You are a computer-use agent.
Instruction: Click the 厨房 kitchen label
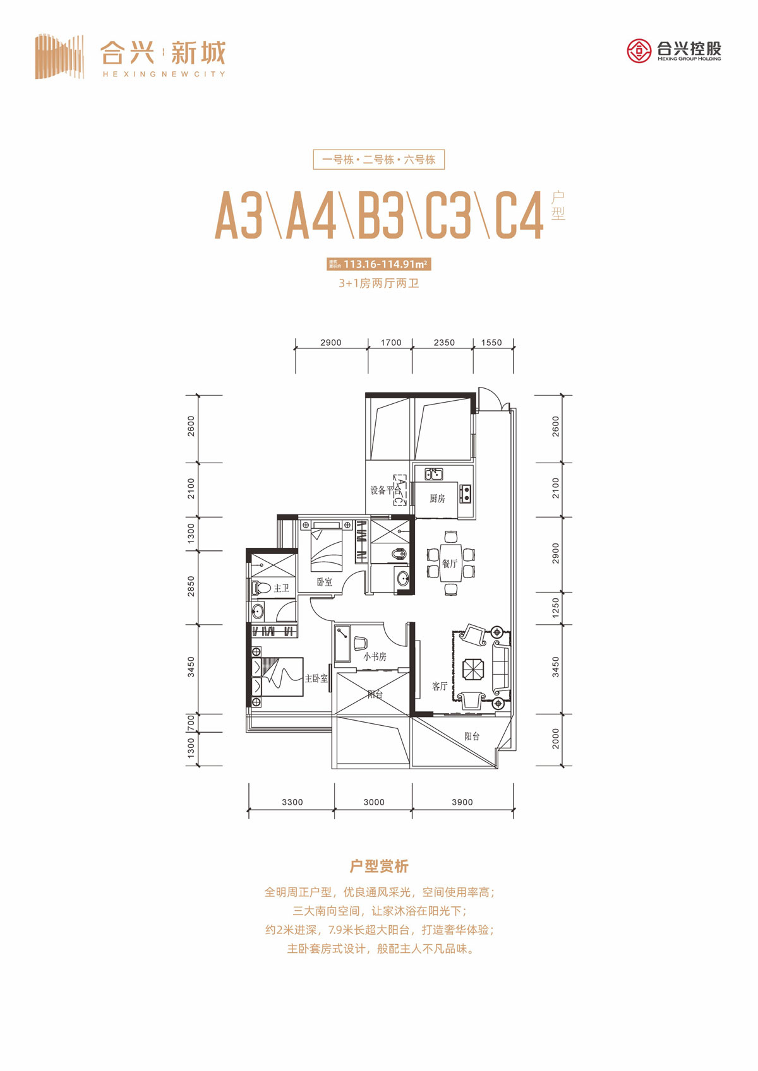437,499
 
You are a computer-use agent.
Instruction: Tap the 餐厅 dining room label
450,564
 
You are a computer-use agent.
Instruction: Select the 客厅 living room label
440,686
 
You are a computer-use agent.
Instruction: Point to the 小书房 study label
375,656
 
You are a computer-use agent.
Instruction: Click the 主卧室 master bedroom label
316,678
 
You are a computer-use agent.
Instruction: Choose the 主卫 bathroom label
281,588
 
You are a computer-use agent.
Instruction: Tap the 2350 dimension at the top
444,343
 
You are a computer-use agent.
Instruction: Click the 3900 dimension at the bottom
462,802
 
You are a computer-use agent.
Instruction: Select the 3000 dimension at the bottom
374,802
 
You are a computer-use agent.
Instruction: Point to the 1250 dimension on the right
556,608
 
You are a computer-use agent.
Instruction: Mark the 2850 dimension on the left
191,586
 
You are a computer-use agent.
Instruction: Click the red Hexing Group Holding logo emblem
639,50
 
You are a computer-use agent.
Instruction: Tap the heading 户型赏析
379,867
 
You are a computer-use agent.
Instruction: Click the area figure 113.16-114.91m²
385,264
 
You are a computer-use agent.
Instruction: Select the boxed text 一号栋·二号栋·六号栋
379,160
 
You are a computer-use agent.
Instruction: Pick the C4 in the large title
518,216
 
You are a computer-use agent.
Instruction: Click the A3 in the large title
239,216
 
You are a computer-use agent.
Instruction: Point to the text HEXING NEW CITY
164,74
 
